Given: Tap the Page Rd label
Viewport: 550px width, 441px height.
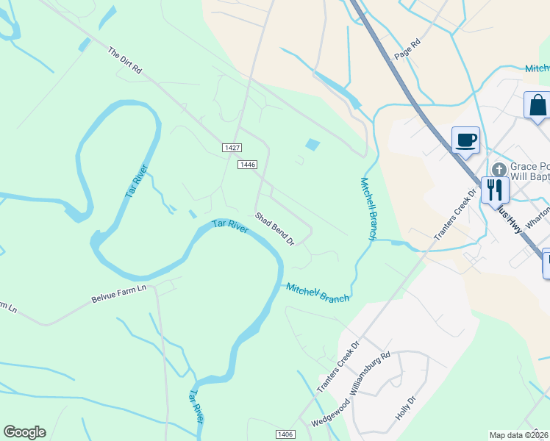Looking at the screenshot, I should coord(407,49).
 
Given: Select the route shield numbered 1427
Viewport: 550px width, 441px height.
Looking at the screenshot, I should coord(232,148).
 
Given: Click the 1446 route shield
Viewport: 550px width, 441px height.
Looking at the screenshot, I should coord(247,165).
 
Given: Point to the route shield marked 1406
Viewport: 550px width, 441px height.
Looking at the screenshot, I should coord(287,434).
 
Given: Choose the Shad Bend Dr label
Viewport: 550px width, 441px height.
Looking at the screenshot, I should coord(274,229).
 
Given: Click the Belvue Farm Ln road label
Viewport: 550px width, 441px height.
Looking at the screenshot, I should coord(119,293).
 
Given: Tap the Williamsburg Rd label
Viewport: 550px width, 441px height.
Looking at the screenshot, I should coord(370,374).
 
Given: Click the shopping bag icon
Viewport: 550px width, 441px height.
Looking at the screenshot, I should coord(537,105).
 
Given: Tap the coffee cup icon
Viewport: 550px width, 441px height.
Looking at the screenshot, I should coord(466,140).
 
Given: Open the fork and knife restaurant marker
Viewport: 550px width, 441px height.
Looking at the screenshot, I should coord(494,190).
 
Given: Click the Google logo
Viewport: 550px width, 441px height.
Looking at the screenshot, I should coord(24,432).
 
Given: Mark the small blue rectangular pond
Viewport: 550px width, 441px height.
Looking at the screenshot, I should coord(312,145).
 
